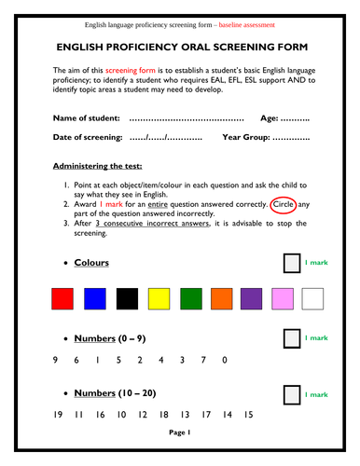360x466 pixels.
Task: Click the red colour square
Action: (62, 298)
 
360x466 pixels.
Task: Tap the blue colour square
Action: (94, 298)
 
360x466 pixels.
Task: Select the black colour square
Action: (126, 298)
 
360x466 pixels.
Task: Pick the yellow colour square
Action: (159, 298)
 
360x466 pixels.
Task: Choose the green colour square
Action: (189, 298)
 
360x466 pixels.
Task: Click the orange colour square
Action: (221, 298)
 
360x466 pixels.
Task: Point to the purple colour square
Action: (252, 298)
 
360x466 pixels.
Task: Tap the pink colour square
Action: (283, 298)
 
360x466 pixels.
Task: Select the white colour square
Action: (312, 298)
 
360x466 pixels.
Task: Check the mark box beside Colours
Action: (292, 263)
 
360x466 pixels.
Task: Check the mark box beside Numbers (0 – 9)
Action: (292, 338)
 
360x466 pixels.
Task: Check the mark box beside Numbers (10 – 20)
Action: (292, 395)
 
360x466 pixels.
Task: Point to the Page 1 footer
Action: (180, 432)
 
